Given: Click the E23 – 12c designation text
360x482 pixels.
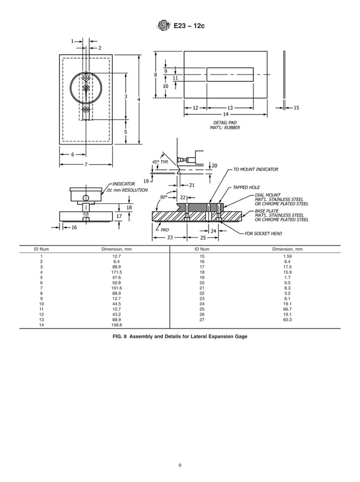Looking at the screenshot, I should click(x=185, y=25).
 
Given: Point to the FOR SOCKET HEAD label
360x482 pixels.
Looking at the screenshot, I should click(x=264, y=233).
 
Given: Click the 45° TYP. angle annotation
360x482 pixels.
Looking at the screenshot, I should click(x=160, y=162).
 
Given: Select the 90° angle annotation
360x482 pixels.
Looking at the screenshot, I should click(x=164, y=197).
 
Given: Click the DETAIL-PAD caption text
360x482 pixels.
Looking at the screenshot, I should click(x=224, y=122).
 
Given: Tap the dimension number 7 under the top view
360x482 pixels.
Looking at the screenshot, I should click(x=86, y=164).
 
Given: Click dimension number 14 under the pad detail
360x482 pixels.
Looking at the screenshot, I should click(x=226, y=114).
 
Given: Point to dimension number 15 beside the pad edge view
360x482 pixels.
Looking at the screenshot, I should click(x=296, y=107).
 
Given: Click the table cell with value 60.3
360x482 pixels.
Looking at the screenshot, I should click(x=287, y=319).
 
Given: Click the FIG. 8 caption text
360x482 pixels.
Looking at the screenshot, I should click(x=180, y=336).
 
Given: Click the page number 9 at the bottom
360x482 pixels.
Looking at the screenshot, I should click(x=179, y=465).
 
